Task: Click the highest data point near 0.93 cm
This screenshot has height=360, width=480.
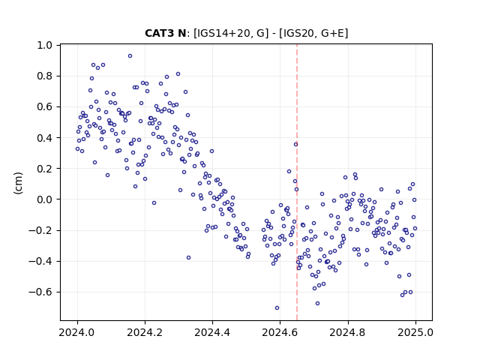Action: (130, 56)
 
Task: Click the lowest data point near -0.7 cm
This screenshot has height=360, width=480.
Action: (277, 308)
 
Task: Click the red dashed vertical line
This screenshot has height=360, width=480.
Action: (297, 182)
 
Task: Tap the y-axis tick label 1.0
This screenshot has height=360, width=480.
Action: (45, 45)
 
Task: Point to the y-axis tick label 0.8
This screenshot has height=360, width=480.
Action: (45, 76)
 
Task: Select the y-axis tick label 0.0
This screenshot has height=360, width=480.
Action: (45, 199)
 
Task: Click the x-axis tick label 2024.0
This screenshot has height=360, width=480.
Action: (77, 332)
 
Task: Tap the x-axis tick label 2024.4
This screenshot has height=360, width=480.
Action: (212, 332)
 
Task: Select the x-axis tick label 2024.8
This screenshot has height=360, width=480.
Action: (348, 332)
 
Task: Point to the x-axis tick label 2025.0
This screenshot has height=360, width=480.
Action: (415, 332)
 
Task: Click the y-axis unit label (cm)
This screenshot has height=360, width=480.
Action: (18, 183)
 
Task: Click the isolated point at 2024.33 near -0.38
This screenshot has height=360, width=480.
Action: (188, 258)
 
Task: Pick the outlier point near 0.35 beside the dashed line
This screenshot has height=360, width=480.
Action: (295, 145)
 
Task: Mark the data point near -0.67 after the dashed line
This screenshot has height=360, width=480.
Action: (317, 303)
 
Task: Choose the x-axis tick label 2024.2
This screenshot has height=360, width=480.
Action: (145, 332)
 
